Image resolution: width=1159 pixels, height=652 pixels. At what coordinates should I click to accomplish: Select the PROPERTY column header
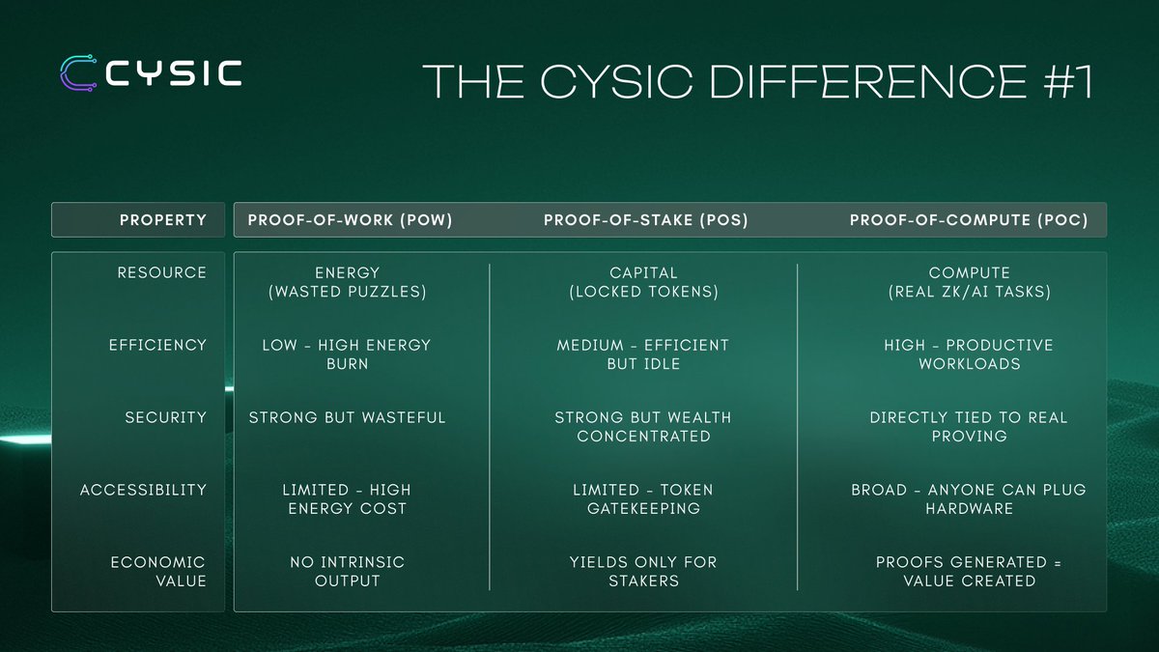click(163, 220)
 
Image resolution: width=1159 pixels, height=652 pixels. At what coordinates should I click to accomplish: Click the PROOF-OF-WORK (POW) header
click(350, 220)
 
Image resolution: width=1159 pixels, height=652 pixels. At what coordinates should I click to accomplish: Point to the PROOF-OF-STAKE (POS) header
click(646, 220)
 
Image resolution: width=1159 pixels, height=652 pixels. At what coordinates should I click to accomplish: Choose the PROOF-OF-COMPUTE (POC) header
click(969, 220)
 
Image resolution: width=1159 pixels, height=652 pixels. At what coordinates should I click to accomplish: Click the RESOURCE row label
click(162, 272)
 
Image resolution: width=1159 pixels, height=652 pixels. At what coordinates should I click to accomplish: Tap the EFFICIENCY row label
click(157, 345)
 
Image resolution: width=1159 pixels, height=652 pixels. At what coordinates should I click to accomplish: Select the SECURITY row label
click(165, 417)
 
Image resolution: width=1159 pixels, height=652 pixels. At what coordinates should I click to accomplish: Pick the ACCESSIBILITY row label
click(143, 490)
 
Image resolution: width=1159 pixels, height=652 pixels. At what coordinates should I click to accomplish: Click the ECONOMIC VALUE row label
click(158, 571)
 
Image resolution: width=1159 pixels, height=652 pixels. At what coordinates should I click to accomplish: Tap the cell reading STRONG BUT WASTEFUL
click(347, 417)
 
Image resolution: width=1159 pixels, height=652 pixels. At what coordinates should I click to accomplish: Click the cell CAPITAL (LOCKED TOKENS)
click(643, 282)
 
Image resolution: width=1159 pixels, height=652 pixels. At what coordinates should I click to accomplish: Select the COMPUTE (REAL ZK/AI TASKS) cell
click(970, 282)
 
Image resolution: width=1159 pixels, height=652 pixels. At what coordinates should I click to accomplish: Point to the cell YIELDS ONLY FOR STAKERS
click(643, 571)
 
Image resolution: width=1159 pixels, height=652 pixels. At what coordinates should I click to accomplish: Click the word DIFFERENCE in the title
click(868, 81)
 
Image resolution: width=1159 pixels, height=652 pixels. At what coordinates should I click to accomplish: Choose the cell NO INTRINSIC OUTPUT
click(347, 571)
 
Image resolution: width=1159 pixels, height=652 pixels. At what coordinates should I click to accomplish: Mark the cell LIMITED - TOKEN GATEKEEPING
click(643, 498)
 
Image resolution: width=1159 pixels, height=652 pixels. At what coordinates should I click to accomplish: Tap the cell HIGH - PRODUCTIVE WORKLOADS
click(969, 354)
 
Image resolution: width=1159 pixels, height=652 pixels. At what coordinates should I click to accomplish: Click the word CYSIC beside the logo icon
click(174, 73)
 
